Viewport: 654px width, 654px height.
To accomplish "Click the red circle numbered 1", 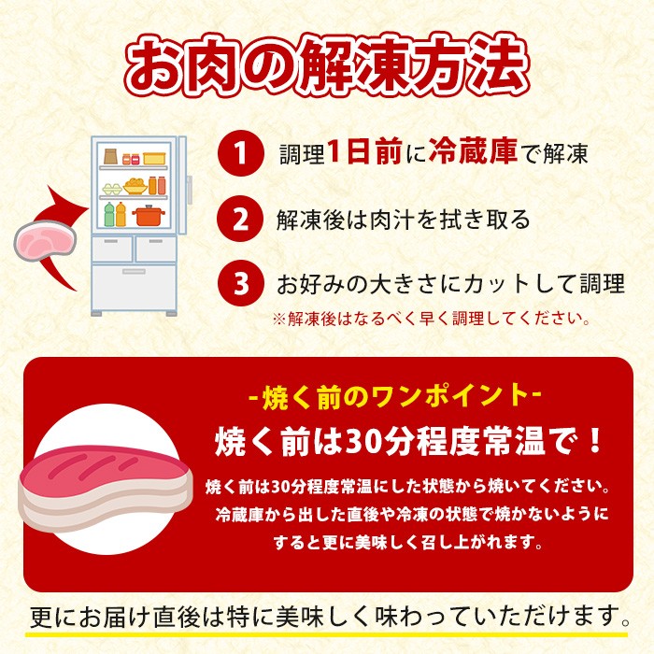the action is (241, 153).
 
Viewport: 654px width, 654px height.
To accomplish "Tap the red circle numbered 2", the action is (241, 219).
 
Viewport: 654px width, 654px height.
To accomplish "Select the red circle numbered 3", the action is (241, 283).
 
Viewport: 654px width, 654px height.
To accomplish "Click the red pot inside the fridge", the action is (149, 215).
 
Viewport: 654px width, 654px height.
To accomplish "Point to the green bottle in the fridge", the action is (109, 215).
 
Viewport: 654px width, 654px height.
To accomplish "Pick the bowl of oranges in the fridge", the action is (135, 187).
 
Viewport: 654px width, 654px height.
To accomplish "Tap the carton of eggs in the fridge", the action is (112, 190).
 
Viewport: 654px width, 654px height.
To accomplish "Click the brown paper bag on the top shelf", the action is (110, 156).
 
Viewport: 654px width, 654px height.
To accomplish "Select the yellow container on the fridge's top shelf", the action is (154, 159).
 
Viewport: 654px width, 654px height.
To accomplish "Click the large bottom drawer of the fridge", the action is (134, 288).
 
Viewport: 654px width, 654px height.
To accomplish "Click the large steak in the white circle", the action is (105, 489).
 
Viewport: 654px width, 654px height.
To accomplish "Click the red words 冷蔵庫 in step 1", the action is (473, 151).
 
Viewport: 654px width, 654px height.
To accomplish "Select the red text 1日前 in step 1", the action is (364, 151).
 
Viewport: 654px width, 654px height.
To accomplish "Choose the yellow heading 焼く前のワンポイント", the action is (395, 397).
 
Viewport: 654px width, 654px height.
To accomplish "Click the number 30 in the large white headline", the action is (363, 442).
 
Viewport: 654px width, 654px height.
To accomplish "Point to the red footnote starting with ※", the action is (432, 320).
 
